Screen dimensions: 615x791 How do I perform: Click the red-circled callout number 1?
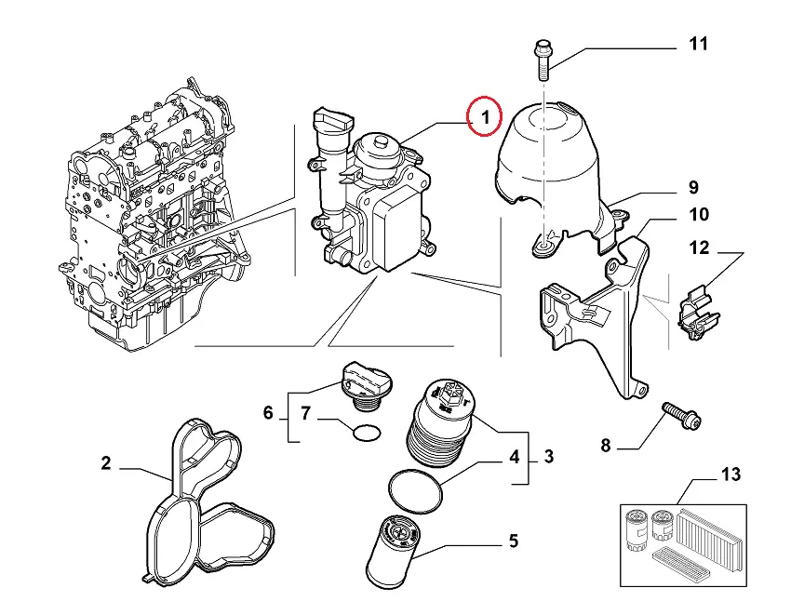(484, 117)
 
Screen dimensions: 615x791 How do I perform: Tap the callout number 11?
(698, 44)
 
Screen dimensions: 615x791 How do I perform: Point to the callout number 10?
(698, 216)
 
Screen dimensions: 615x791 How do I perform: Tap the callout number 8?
(605, 447)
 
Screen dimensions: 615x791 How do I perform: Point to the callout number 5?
(512, 541)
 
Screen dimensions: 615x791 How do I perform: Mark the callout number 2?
(106, 462)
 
